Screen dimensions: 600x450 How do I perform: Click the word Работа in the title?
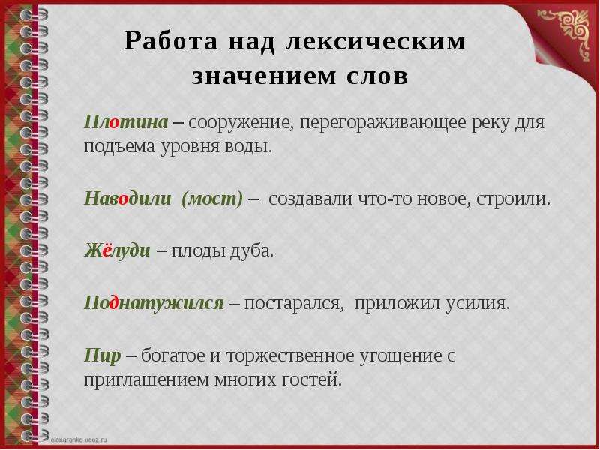(x=171, y=41)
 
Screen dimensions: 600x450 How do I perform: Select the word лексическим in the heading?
(x=376, y=41)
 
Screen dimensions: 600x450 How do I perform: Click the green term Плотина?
(x=126, y=122)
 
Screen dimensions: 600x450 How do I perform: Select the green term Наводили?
(x=127, y=199)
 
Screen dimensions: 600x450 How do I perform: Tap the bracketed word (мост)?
(x=212, y=199)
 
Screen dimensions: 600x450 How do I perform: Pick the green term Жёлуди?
(x=117, y=250)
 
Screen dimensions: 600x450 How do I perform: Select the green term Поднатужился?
(x=154, y=303)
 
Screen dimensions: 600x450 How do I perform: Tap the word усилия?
(x=478, y=304)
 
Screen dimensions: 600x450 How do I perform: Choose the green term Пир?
(x=102, y=355)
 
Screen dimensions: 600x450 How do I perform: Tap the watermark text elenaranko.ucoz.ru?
(x=79, y=439)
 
